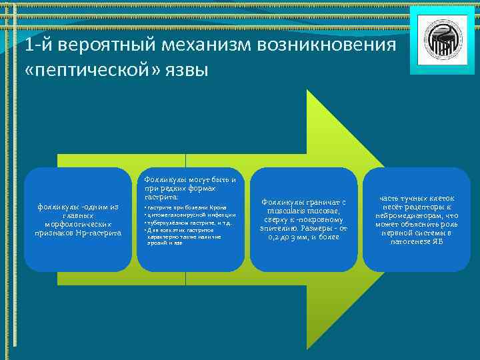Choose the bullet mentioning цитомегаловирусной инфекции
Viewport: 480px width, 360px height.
[190, 215]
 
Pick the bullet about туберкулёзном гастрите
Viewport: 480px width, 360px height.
[187, 223]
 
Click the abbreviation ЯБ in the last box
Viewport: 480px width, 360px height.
[435, 241]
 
